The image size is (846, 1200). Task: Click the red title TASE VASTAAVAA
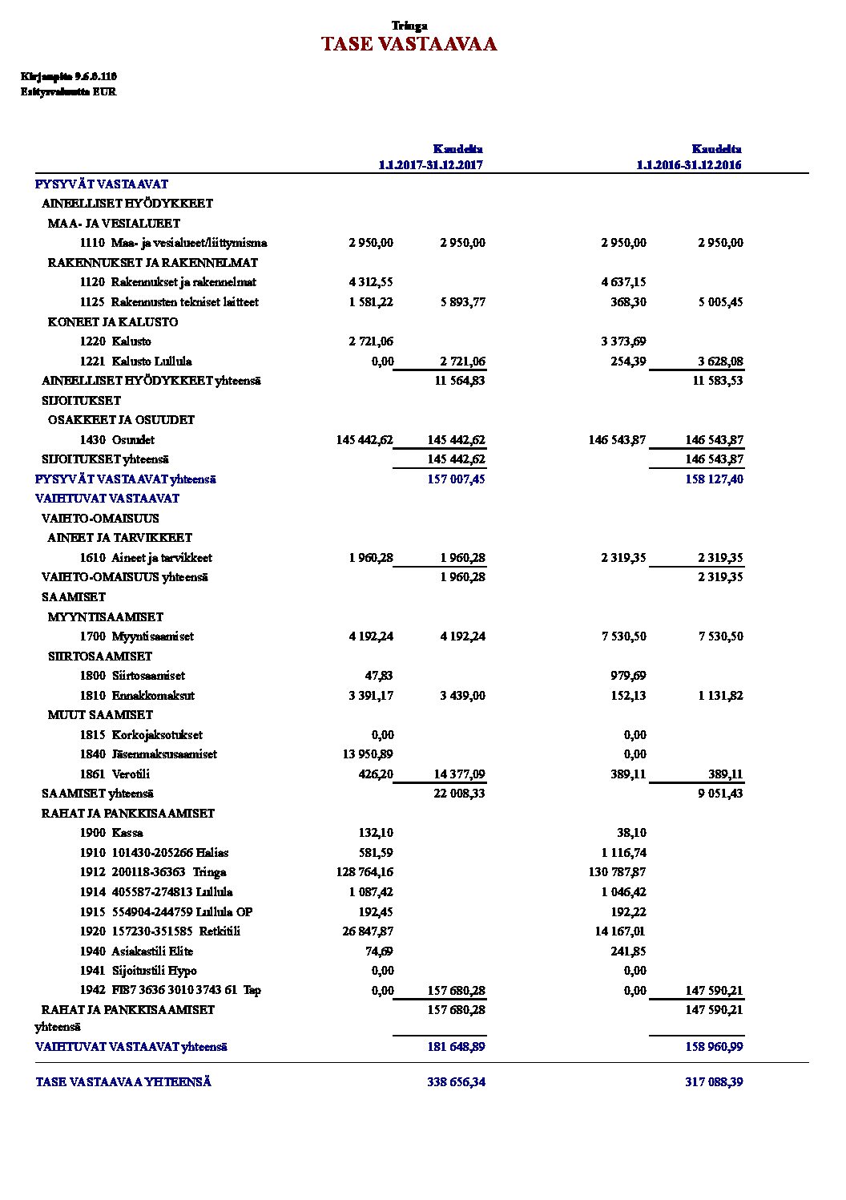[409, 44]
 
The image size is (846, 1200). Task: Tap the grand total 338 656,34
[456, 1082]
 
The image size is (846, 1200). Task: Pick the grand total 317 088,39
[714, 1082]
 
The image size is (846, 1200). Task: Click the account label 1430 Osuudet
[117, 440]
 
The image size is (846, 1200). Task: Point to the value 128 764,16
[365, 872]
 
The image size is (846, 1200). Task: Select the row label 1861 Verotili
[115, 774]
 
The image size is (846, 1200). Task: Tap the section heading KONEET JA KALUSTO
[113, 322]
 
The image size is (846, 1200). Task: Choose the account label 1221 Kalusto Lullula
[135, 362]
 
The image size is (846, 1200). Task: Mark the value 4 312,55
[371, 282]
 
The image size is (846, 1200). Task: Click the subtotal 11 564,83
[460, 381]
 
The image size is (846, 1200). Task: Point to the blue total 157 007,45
[456, 479]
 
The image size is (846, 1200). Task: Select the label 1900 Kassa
[111, 833]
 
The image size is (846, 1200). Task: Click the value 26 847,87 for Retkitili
[368, 931]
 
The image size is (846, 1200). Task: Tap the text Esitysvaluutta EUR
[68, 92]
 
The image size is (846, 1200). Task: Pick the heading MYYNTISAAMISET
[105, 617]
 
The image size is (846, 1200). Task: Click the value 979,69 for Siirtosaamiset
[628, 676]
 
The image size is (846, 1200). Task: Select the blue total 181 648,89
[456, 1047]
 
